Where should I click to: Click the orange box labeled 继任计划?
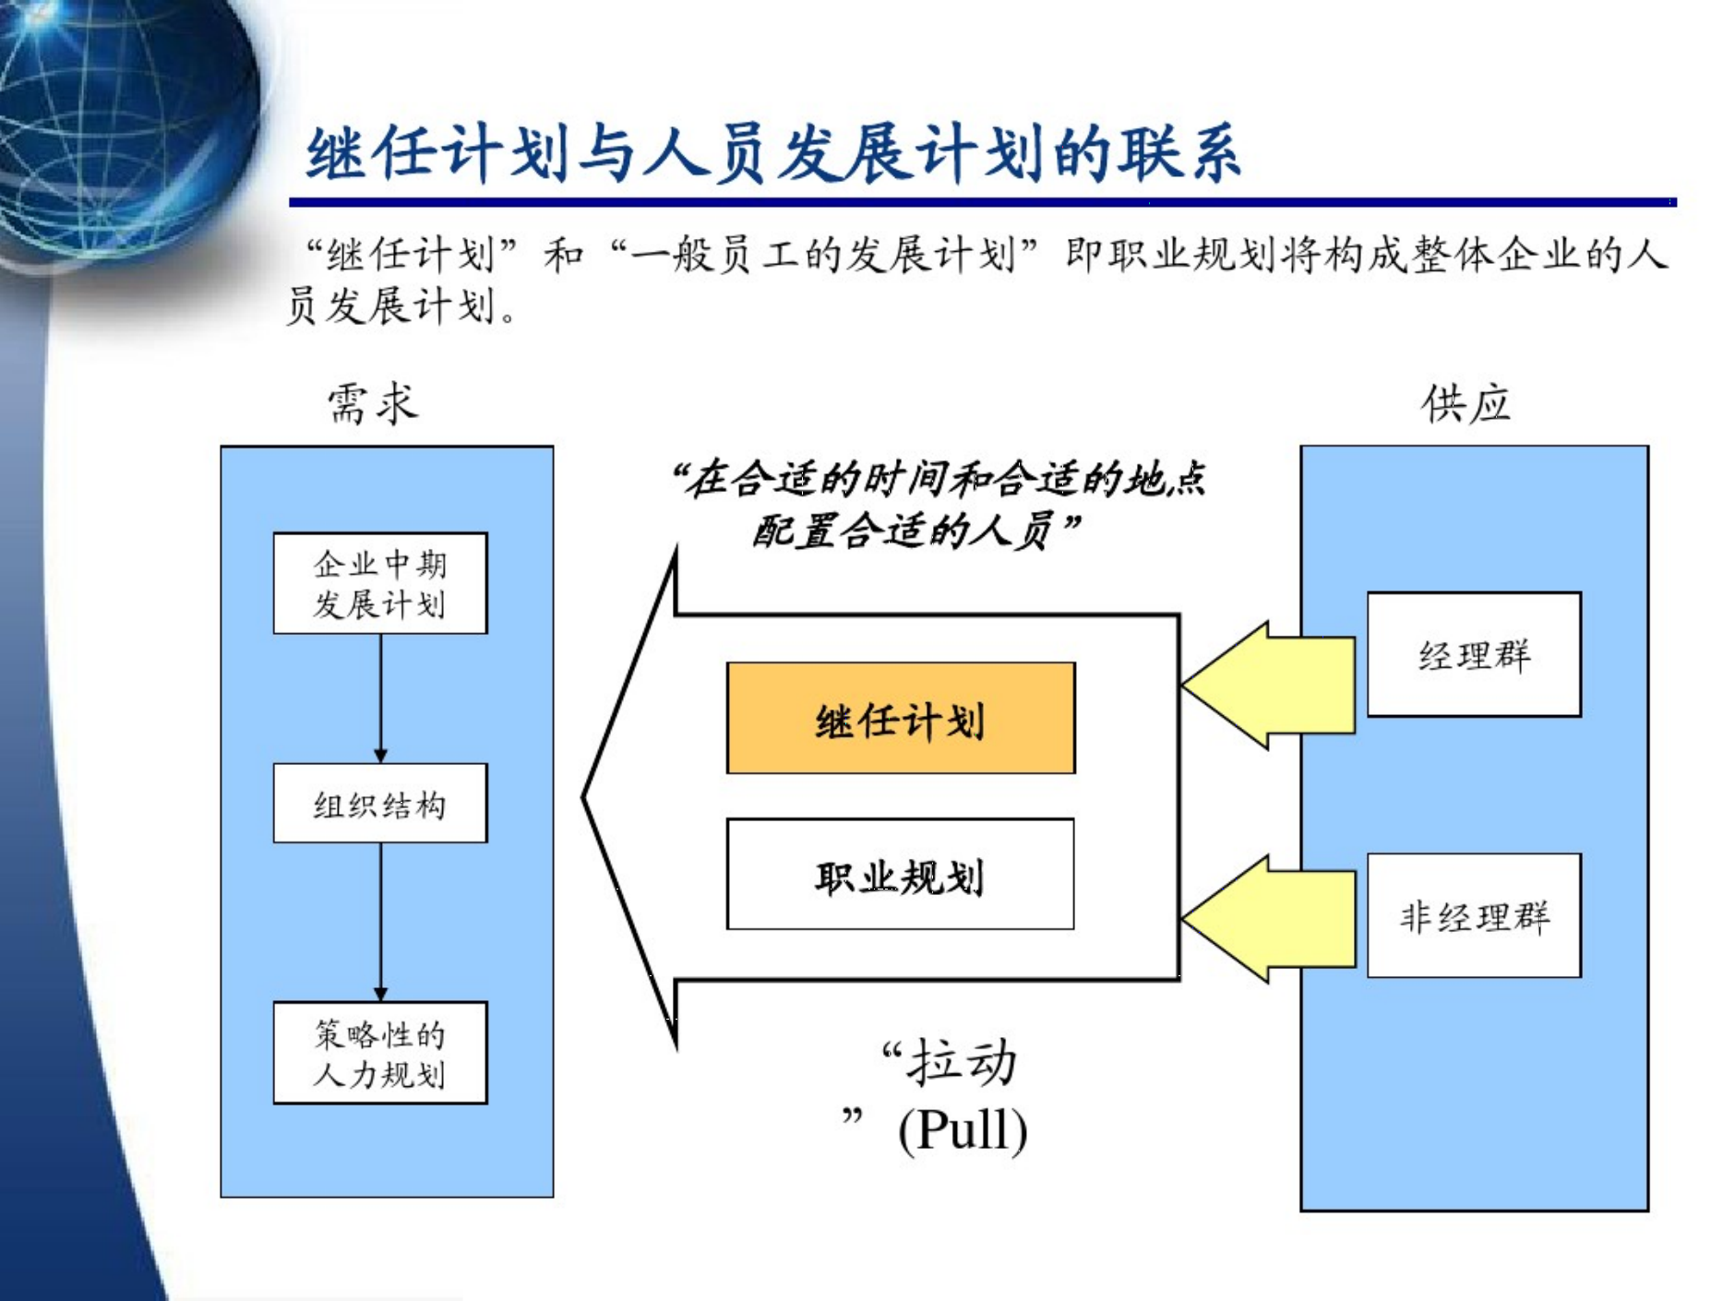[900, 718]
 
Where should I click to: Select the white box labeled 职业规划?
[900, 874]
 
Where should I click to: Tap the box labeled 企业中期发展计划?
[380, 583]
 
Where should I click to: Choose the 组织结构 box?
[380, 803]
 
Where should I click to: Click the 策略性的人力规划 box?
[380, 1053]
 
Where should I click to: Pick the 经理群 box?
[1474, 654]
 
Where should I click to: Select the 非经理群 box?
[1474, 915]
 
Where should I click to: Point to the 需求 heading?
[373, 404]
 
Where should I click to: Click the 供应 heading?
[1466, 404]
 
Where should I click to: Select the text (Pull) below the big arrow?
[963, 1128]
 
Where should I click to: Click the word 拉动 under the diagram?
[962, 1063]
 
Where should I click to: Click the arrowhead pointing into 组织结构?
[380, 755]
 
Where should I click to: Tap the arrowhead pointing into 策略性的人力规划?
[380, 993]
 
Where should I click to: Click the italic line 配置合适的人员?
[914, 531]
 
